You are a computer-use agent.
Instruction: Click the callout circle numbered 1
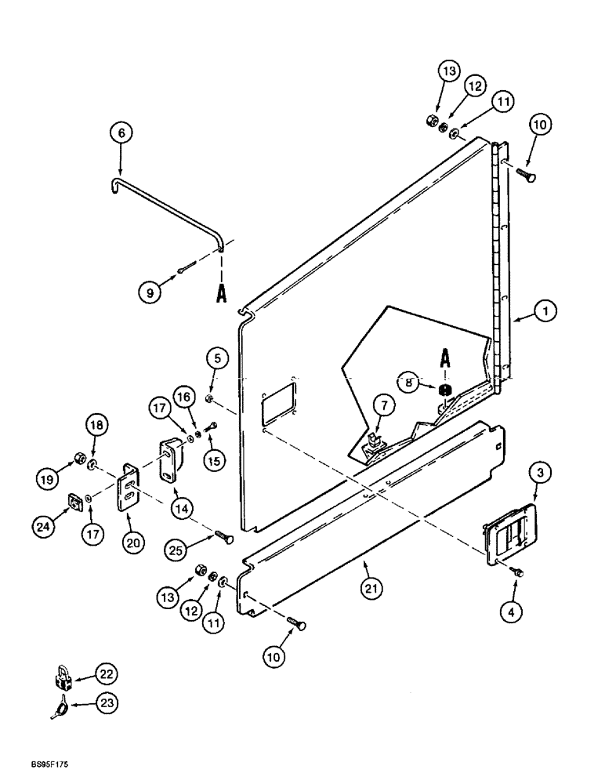click(x=546, y=310)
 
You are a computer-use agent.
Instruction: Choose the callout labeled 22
click(x=106, y=673)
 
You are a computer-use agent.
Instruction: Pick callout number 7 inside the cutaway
click(x=384, y=405)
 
